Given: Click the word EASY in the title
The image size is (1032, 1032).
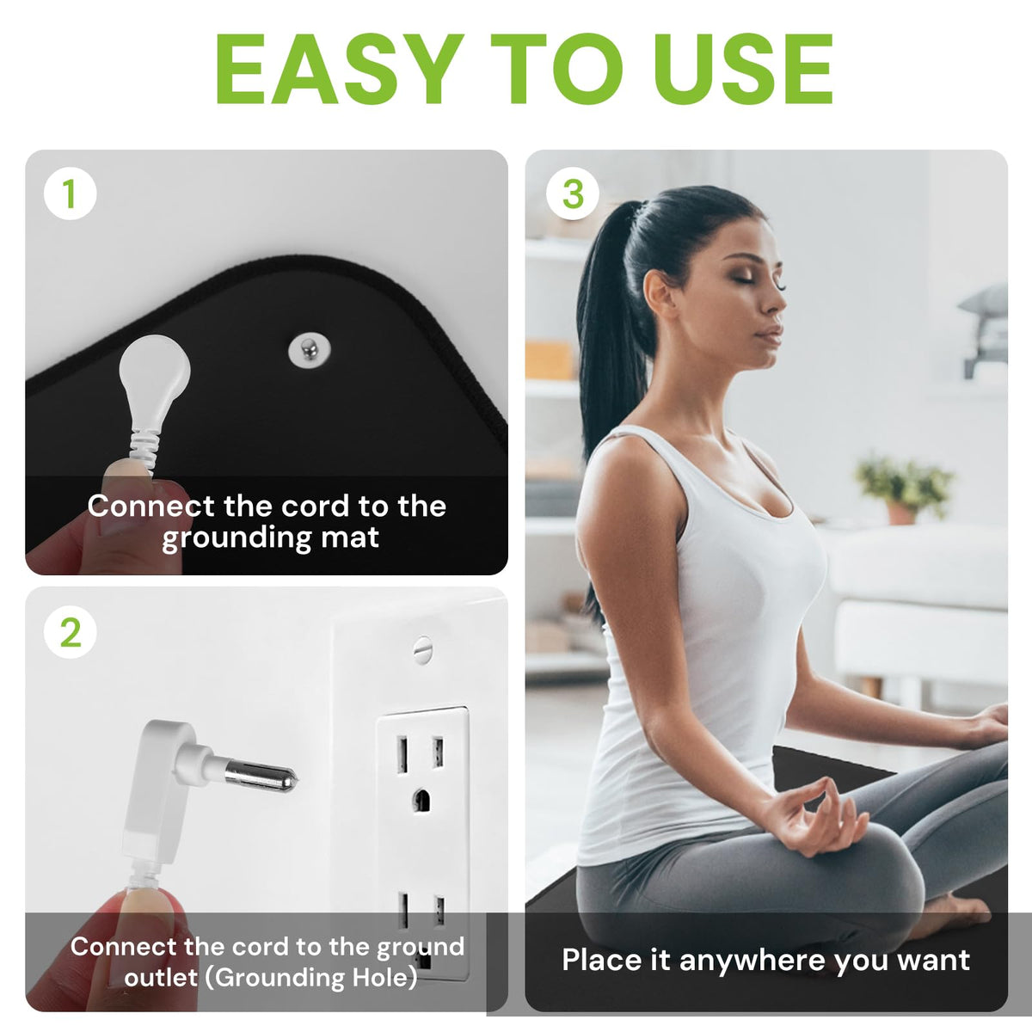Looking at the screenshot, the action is pyautogui.click(x=340, y=69).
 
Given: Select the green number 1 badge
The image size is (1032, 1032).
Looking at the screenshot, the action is pyautogui.click(x=71, y=193).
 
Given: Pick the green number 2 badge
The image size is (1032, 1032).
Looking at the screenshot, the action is pyautogui.click(x=71, y=632).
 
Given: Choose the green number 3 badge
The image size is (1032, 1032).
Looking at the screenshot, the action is pyautogui.click(x=573, y=193).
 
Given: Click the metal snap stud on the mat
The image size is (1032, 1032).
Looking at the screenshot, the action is pyautogui.click(x=310, y=350).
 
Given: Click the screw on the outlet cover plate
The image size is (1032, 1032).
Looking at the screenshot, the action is pyautogui.click(x=422, y=650).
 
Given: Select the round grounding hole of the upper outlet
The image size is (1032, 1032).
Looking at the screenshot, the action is pyautogui.click(x=421, y=800).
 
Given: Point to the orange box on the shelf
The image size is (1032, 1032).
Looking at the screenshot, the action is pyautogui.click(x=549, y=359).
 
